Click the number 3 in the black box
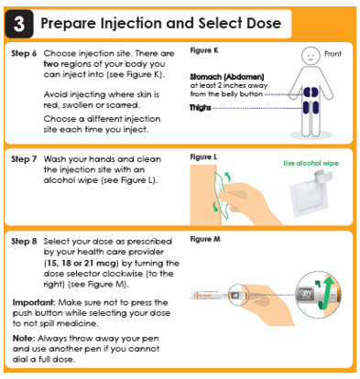19,24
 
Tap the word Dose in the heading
264,23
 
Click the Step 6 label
24,53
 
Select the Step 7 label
24,159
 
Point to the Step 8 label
24,242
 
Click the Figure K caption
204,50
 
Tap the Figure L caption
203,157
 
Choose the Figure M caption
205,239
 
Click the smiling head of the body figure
311,56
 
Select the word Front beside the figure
333,54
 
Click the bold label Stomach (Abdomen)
227,77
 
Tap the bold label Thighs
201,107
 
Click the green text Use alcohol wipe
311,163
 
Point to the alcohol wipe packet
309,195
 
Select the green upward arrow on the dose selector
327,292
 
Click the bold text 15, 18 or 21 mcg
82,263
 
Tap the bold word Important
33,303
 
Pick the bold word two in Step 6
50,64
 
